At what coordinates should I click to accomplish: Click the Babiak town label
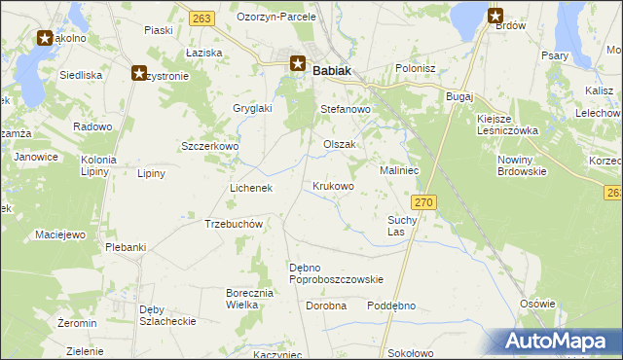click(x=332, y=70)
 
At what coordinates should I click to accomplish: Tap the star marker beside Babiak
click(x=299, y=65)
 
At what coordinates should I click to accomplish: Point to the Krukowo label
click(x=333, y=186)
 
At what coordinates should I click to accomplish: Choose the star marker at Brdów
click(x=495, y=16)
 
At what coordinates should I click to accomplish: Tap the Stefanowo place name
click(x=346, y=111)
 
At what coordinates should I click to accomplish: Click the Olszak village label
click(x=340, y=144)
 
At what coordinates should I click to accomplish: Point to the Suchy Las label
click(x=402, y=227)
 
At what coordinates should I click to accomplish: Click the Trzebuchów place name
click(x=235, y=224)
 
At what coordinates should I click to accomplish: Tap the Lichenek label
click(x=250, y=188)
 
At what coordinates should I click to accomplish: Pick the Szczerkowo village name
click(x=210, y=146)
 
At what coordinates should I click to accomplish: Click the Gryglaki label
click(x=251, y=109)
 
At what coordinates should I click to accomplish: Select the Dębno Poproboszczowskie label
click(x=336, y=273)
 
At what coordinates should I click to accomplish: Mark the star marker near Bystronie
click(x=139, y=73)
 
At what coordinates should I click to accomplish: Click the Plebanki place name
click(x=127, y=247)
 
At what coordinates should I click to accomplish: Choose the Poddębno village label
click(x=391, y=306)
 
